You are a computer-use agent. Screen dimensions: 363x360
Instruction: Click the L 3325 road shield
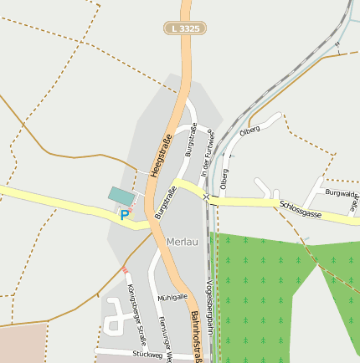click(x=184, y=28)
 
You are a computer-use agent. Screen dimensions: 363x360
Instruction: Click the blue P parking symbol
click(x=125, y=215)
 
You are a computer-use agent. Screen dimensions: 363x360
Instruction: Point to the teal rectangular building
click(x=121, y=196)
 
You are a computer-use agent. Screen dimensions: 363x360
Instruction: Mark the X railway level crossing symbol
click(x=206, y=197)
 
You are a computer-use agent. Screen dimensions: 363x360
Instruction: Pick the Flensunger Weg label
click(x=165, y=344)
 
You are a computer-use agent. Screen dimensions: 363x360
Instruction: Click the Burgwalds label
click(x=341, y=193)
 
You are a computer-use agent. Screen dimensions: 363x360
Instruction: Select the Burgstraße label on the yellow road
click(x=166, y=202)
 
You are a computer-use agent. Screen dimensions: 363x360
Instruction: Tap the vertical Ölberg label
click(x=224, y=177)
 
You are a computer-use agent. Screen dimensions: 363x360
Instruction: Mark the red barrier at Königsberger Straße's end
click(x=126, y=269)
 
